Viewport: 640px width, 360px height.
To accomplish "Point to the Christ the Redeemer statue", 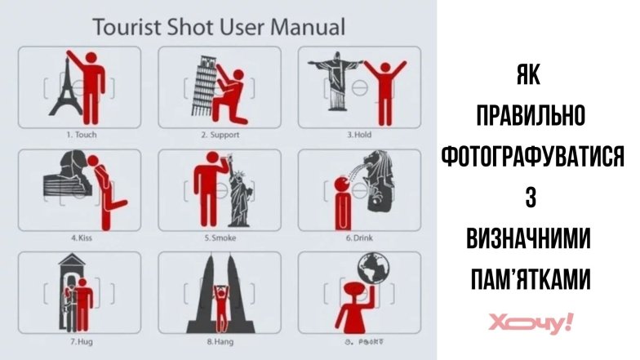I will [x=336, y=82].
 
